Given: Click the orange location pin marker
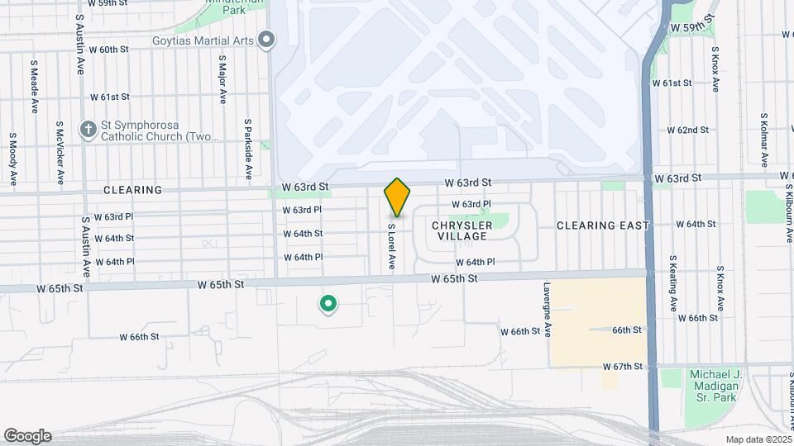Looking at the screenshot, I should click(x=397, y=197).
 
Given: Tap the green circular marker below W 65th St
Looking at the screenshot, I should click(x=328, y=305).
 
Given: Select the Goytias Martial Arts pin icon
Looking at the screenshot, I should click(x=266, y=40).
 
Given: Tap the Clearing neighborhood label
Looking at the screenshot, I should click(x=132, y=190).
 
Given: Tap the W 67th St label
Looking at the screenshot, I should click(x=623, y=366).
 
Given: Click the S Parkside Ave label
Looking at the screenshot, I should click(x=247, y=148).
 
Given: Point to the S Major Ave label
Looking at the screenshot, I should click(x=222, y=79).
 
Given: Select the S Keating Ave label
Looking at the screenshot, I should click(x=673, y=279).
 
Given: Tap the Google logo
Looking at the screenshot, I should click(x=27, y=436).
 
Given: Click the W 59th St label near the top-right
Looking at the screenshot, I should click(x=692, y=27).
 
